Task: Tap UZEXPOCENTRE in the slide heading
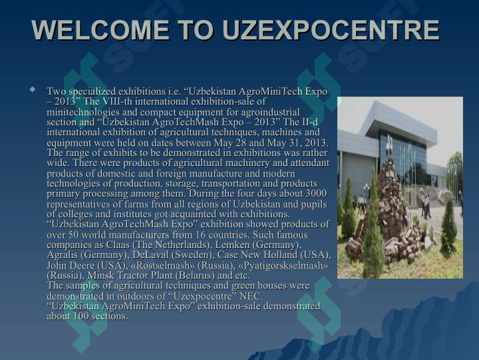[x=331, y=30]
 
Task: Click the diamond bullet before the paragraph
[x=33, y=90]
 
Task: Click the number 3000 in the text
[x=316, y=193]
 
